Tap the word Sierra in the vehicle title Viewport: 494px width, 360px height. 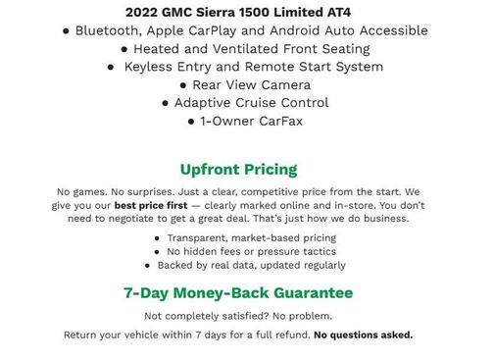point(226,12)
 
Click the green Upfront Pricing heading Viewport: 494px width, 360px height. point(238,169)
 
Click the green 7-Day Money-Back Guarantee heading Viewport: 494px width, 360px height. point(238,292)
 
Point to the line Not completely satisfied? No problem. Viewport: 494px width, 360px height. point(238,316)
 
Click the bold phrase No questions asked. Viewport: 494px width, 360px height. point(363,334)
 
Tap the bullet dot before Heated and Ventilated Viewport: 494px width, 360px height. point(124,49)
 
